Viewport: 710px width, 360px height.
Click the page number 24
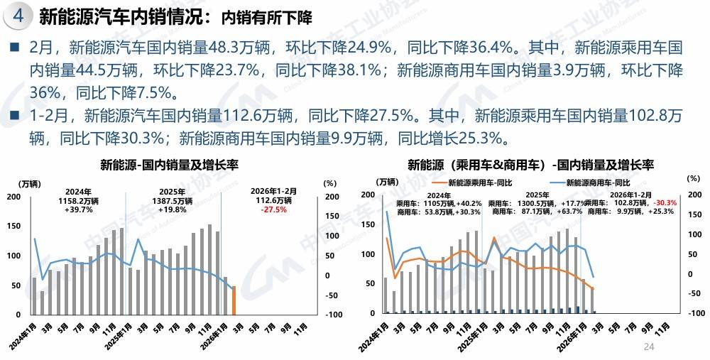pyautogui.click(x=648, y=347)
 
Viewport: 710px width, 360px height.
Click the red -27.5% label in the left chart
pyautogui.click(x=273, y=210)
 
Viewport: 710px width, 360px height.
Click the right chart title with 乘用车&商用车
pyautogui.click(x=530, y=165)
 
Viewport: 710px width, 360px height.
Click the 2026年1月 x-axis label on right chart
pyautogui.click(x=573, y=331)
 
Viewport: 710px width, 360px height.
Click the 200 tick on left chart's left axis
pyautogui.click(x=13, y=196)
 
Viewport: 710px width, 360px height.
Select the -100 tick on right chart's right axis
pyautogui.click(x=696, y=313)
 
